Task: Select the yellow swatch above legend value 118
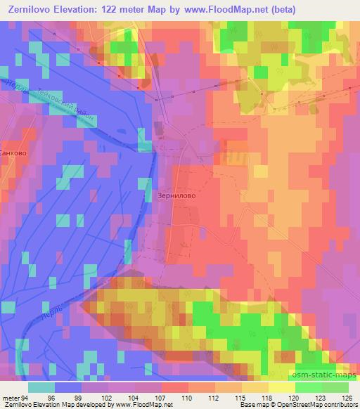tap(255, 387)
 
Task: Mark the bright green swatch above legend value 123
tap(309, 387)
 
